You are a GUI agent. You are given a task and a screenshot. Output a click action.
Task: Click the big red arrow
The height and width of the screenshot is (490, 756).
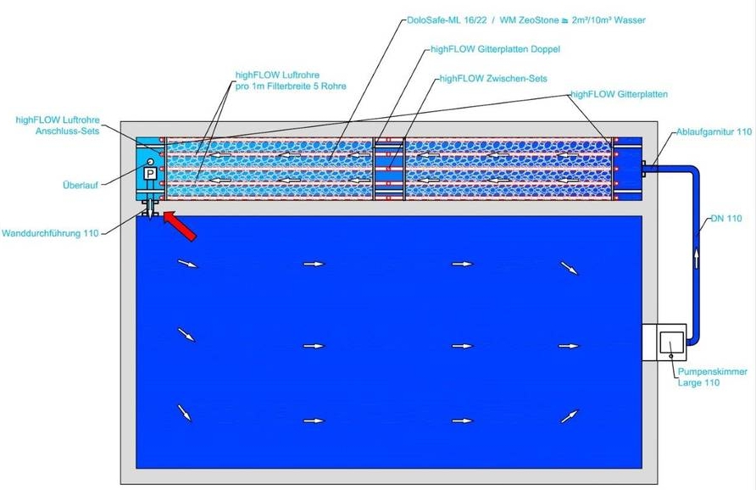pos(180,226)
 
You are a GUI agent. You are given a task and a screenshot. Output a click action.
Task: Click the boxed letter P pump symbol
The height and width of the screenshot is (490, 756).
pos(150,174)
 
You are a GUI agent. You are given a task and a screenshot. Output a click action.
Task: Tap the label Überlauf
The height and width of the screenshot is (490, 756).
pos(81,185)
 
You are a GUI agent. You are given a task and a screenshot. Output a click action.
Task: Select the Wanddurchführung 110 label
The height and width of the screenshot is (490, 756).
pos(50,233)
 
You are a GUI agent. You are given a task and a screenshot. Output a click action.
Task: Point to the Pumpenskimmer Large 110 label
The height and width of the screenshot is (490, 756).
pos(713,377)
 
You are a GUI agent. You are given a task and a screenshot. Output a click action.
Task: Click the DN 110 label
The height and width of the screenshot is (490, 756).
pos(726,219)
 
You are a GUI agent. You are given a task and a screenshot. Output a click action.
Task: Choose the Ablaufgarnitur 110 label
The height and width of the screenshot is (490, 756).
pos(714,131)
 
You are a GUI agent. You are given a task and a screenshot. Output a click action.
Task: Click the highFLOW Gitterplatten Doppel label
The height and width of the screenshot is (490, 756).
pos(495,49)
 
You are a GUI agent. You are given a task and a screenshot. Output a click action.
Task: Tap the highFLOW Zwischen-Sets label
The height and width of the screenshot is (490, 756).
pos(493,79)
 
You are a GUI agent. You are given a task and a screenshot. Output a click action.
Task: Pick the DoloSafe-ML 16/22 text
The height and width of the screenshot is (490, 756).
pos(447,20)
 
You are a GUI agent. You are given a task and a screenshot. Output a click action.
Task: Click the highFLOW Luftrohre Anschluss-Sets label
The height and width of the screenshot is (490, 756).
pos(58,125)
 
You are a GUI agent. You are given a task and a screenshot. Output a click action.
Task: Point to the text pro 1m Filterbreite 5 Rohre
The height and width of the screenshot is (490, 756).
pos(291,86)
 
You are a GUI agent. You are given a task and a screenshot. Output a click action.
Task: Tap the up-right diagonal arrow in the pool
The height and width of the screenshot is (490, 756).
pos(570,415)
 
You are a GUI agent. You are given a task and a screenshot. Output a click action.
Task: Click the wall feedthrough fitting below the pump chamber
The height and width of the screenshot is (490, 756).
pos(150,209)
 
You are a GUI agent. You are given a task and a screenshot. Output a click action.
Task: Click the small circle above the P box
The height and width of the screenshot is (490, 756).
pos(150,162)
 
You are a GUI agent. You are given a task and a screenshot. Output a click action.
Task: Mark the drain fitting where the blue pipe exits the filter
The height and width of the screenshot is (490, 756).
pos(643,169)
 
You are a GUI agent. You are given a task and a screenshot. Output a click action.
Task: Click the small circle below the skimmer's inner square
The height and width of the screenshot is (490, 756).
pos(671,356)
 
